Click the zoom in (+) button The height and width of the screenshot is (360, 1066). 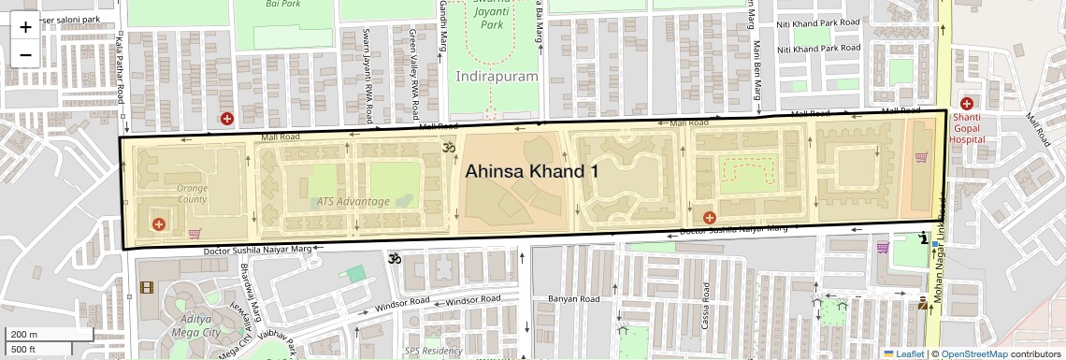click(25, 26)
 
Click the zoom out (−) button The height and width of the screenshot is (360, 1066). click(25, 53)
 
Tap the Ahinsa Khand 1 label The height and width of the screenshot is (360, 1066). click(531, 171)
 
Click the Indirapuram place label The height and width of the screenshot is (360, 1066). click(497, 76)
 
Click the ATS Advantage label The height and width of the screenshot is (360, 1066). click(353, 201)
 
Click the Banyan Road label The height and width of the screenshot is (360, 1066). click(572, 299)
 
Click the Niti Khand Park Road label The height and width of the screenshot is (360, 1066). click(819, 22)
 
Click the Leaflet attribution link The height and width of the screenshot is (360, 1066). click(902, 353)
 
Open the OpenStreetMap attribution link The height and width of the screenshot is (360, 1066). click(973, 353)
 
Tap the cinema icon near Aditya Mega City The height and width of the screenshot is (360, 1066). click(146, 288)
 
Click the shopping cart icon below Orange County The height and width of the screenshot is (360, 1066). click(194, 233)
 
